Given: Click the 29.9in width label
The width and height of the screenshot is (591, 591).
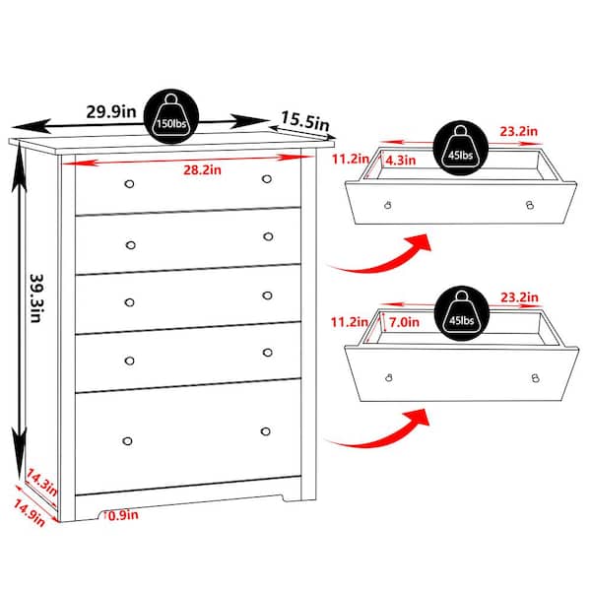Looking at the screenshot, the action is click(110, 111).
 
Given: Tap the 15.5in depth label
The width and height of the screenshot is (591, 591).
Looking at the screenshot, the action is click(305, 120).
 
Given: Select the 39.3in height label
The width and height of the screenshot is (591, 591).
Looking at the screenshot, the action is click(37, 297).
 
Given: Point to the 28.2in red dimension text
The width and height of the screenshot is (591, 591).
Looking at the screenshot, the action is click(202, 170).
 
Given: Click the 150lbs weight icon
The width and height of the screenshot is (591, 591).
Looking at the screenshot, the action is click(171, 116).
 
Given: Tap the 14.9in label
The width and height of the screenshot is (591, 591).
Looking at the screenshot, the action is click(30, 512).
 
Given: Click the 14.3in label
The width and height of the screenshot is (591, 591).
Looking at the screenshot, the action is click(41, 482).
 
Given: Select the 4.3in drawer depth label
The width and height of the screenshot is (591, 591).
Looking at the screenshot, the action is click(401, 161).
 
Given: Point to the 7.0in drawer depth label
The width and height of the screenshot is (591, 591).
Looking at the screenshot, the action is click(404, 322).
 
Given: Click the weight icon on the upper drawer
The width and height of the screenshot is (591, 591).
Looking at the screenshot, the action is click(461, 148).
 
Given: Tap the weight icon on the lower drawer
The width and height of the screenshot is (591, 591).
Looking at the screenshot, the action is click(462, 313).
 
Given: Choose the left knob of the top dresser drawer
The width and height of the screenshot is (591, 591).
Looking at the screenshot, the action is click(129, 184).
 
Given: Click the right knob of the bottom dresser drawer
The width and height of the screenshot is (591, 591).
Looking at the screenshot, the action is click(265, 431).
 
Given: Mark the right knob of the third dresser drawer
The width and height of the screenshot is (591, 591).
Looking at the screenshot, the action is click(267, 295).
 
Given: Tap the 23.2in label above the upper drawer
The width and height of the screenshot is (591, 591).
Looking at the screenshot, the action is click(519, 131).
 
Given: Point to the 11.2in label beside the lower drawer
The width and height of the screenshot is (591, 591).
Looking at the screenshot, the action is click(350, 322).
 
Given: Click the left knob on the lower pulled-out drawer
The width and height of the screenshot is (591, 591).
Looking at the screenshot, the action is click(389, 377).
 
